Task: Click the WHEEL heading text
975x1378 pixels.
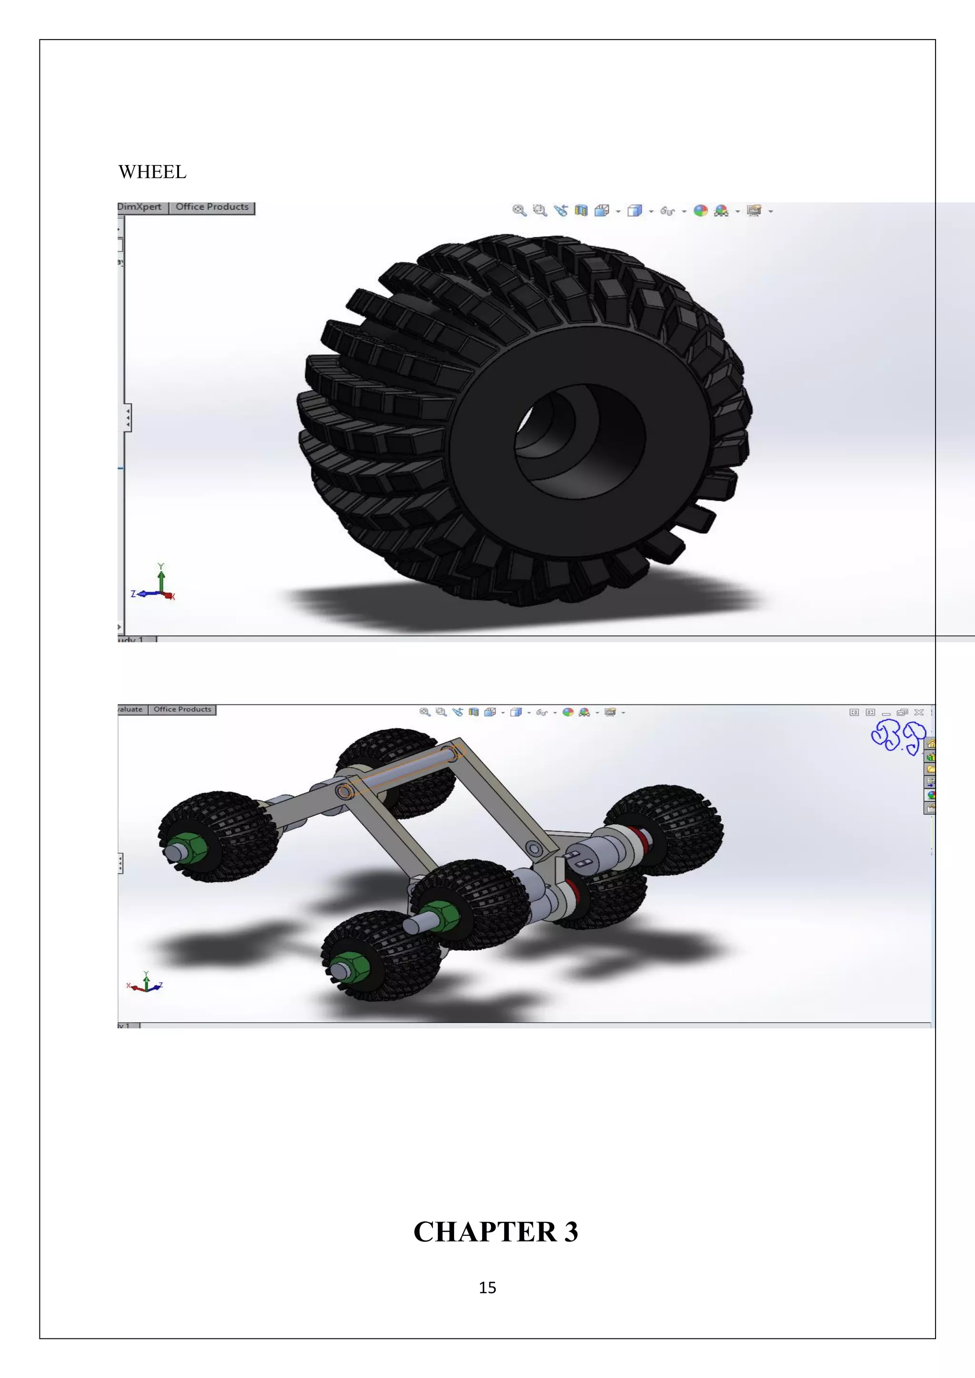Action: [x=152, y=172]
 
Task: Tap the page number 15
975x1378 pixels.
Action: [x=487, y=1288]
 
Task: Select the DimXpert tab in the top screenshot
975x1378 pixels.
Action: [x=140, y=207]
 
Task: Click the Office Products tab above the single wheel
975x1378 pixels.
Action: [x=212, y=207]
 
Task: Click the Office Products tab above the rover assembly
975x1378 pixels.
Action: [x=182, y=709]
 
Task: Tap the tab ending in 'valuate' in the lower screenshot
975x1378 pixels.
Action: [x=131, y=709]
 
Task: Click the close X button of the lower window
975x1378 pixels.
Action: [x=918, y=712]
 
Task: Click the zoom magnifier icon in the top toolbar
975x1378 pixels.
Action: [x=519, y=211]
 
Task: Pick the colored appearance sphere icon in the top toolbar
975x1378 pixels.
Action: [x=700, y=211]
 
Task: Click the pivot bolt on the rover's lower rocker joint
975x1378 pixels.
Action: [x=534, y=849]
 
